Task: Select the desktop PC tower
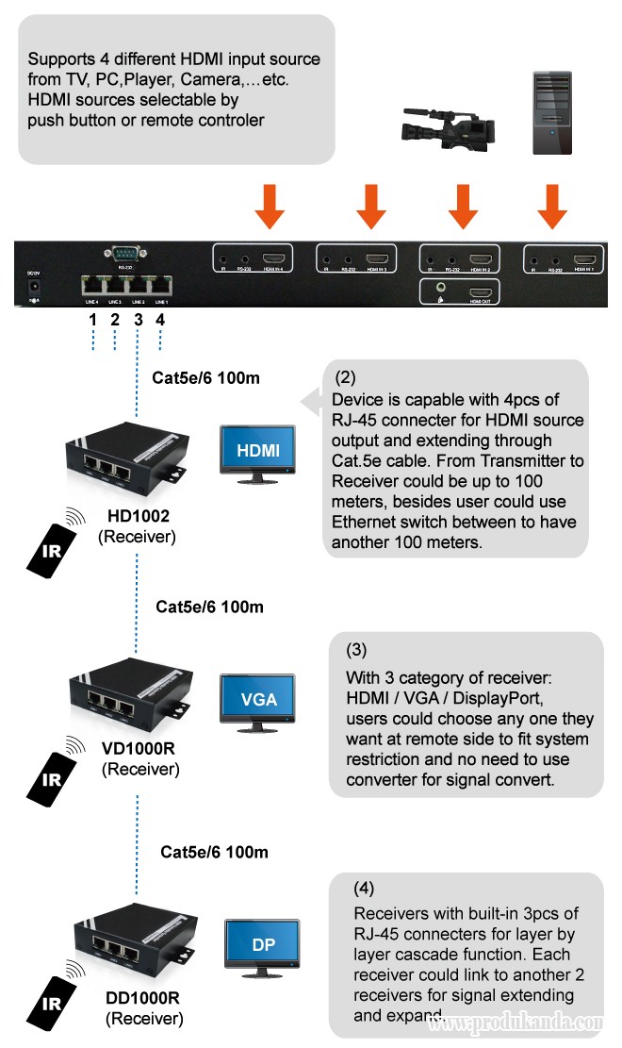pos(548,112)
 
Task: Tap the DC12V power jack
pos(35,284)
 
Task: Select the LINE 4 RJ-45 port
pos(93,286)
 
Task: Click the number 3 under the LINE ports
pos(138,320)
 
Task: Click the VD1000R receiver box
pos(132,705)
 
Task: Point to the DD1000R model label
pos(144,997)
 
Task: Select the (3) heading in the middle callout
pos(357,650)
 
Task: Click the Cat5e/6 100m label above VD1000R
pos(209,607)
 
